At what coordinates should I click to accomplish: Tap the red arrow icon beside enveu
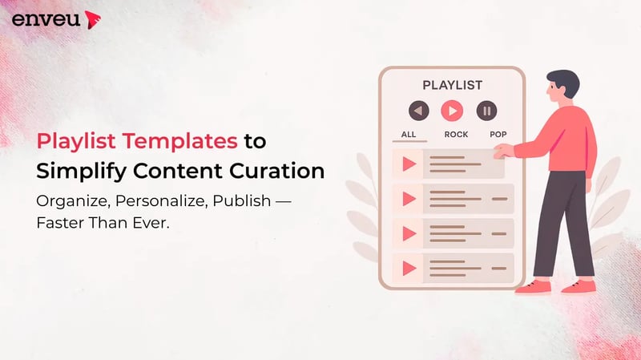[92, 18]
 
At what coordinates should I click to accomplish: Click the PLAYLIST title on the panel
[452, 84]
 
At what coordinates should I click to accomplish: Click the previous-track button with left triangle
[418, 111]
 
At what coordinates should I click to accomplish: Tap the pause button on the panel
[486, 111]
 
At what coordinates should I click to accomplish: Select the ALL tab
[409, 134]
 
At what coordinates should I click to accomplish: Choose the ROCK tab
[456, 134]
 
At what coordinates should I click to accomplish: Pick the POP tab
[498, 134]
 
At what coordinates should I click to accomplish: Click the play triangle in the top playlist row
[409, 164]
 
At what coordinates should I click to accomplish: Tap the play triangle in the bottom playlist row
[409, 265]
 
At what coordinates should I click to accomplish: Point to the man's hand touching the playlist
[504, 150]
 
